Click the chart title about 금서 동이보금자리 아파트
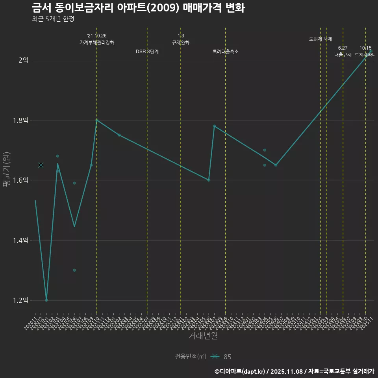tap(138, 8)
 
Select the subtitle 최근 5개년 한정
tap(53, 19)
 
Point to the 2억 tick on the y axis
tap(23, 60)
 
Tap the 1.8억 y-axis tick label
tap(20, 120)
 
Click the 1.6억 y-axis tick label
tap(20, 180)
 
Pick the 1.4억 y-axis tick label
tap(20, 240)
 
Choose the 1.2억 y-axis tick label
tap(20, 300)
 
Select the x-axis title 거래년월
tap(203, 336)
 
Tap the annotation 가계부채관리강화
tap(97, 43)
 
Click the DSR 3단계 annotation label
tap(147, 52)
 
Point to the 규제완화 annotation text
tap(181, 43)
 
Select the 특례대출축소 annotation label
tap(226, 52)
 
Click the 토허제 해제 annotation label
tap(321, 39)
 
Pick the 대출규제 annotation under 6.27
tap(343, 55)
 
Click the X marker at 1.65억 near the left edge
tap(41, 165)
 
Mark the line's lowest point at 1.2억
tap(46, 300)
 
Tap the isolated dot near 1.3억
tap(74, 270)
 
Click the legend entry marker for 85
tap(215, 357)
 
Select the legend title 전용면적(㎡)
tap(191, 357)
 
